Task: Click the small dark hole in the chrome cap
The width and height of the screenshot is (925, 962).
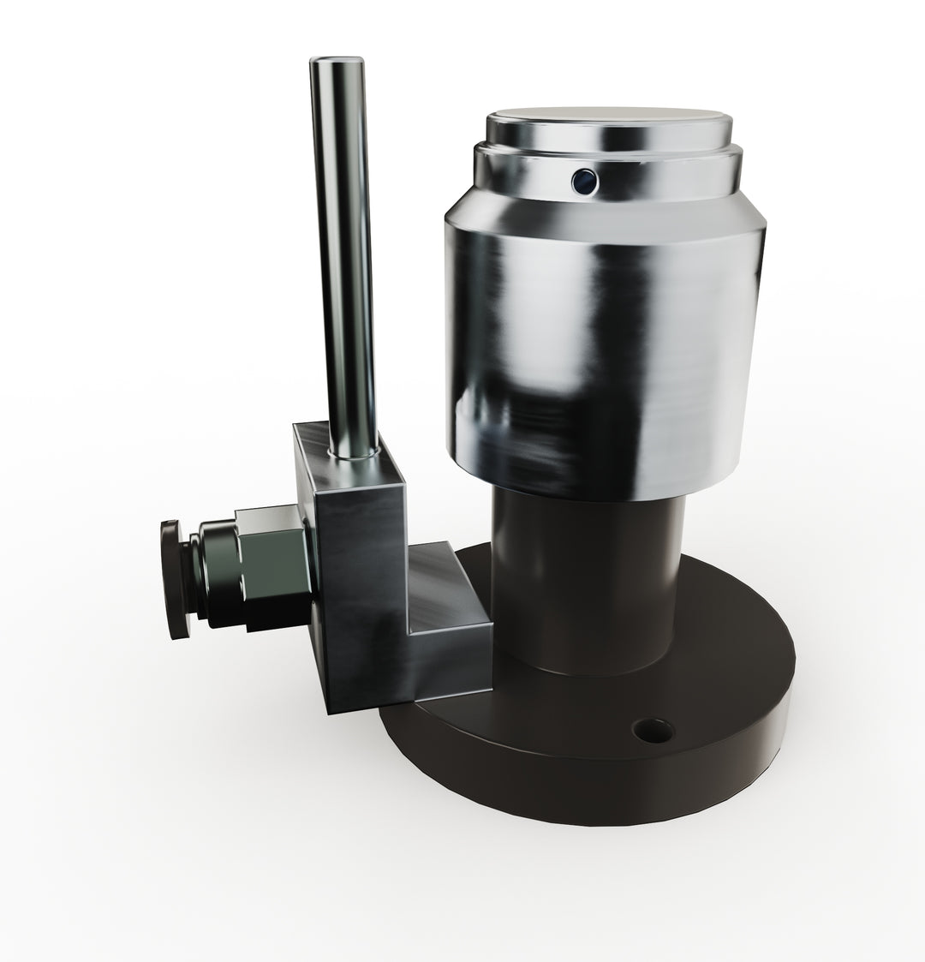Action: pyautogui.click(x=585, y=179)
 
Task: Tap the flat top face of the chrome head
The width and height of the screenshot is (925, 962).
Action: pyautogui.click(x=609, y=120)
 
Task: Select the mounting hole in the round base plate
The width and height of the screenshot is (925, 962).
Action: pyautogui.click(x=652, y=730)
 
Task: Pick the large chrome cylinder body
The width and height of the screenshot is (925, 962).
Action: pyautogui.click(x=600, y=343)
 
